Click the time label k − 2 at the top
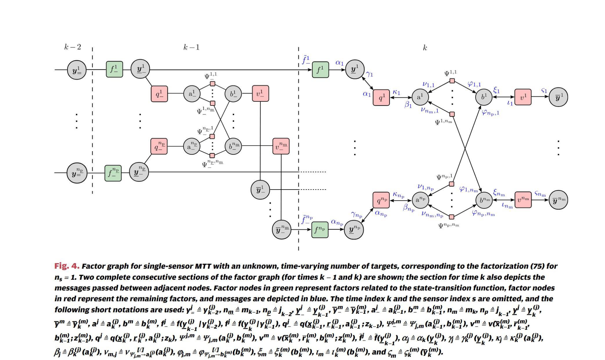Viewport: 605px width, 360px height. pyautogui.click(x=73, y=47)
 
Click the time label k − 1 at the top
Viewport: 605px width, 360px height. pyautogui.click(x=191, y=47)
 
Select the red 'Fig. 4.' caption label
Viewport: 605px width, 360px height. pyautogui.click(x=67, y=266)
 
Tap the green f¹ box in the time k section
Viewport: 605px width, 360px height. pyautogui.click(x=320, y=70)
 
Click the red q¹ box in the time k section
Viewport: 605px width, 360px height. pyautogui.click(x=381, y=98)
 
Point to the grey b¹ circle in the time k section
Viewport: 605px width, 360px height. pyautogui.click(x=484, y=97)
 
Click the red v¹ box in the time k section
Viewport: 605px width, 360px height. pyautogui.click(x=523, y=97)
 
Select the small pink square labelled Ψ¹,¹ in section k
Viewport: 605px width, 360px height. pyautogui.click(x=452, y=81)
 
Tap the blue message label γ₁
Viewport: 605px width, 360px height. pyautogui.click(x=369, y=74)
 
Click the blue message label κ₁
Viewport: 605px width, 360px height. pyautogui.click(x=396, y=92)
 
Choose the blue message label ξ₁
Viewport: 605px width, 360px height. pyautogui.click(x=496, y=90)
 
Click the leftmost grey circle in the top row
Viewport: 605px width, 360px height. pyautogui.click(x=77, y=70)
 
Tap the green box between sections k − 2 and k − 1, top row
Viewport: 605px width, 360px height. pyautogui.click(x=114, y=69)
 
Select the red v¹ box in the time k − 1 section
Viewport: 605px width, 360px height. pyautogui.click(x=260, y=93)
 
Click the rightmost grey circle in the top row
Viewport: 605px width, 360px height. pyautogui.click(x=558, y=97)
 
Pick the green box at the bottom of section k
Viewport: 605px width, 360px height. pyautogui.click(x=320, y=230)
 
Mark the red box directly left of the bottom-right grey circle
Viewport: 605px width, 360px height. pyautogui.click(x=523, y=200)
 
